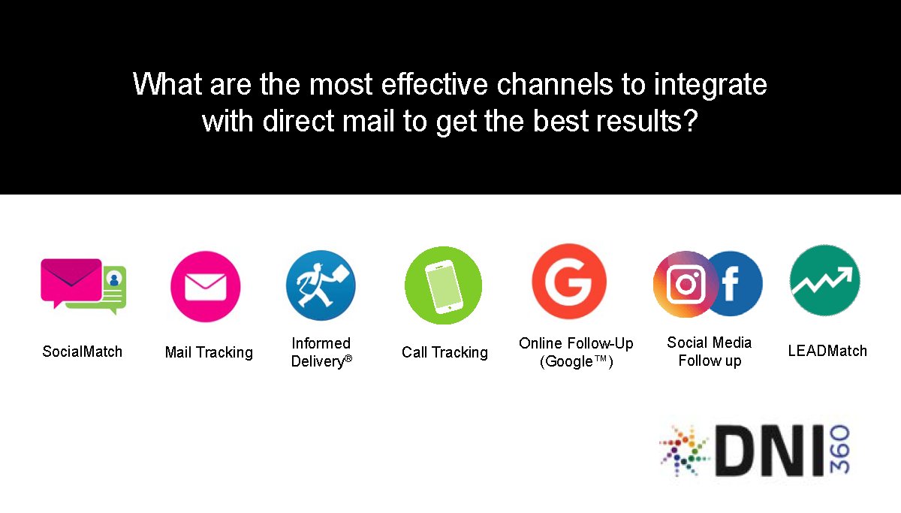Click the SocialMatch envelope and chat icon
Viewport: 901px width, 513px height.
click(x=83, y=286)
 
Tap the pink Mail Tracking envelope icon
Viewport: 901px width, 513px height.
click(x=205, y=286)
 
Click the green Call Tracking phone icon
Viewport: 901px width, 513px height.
click(x=443, y=285)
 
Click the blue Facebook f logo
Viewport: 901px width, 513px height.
click(x=733, y=284)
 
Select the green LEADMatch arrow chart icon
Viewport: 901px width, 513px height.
click(x=824, y=280)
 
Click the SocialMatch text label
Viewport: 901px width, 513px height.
click(x=82, y=352)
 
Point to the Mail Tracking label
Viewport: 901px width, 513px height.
click(x=209, y=352)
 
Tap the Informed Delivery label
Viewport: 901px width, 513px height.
click(x=321, y=352)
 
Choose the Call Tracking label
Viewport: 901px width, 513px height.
click(x=444, y=352)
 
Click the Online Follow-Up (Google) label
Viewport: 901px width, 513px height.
click(x=576, y=352)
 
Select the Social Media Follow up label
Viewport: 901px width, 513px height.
click(x=709, y=352)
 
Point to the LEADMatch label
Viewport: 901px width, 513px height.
click(x=827, y=351)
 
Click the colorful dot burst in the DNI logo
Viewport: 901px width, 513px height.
click(x=684, y=449)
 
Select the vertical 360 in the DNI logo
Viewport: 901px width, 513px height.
click(x=839, y=449)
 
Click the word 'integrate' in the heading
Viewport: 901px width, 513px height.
click(x=710, y=85)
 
